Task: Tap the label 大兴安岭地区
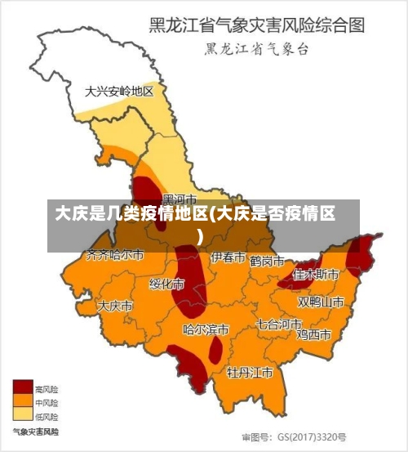tap(119, 92)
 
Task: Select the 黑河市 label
tap(180, 199)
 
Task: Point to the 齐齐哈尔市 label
tap(115, 255)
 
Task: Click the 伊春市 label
tap(228, 257)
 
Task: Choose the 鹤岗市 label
tap(267, 262)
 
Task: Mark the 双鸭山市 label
tap(321, 302)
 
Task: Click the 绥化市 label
tap(166, 284)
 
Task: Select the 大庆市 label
tap(115, 306)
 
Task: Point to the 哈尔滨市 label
tap(206, 330)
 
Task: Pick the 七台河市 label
tap(279, 324)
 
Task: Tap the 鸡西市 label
tap(313, 334)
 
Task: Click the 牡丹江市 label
tap(250, 373)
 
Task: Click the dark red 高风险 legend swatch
tap(22, 388)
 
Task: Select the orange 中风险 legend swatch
tap(22, 401)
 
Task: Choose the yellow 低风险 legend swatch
tap(22, 414)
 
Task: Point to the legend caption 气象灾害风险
tap(35, 430)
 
